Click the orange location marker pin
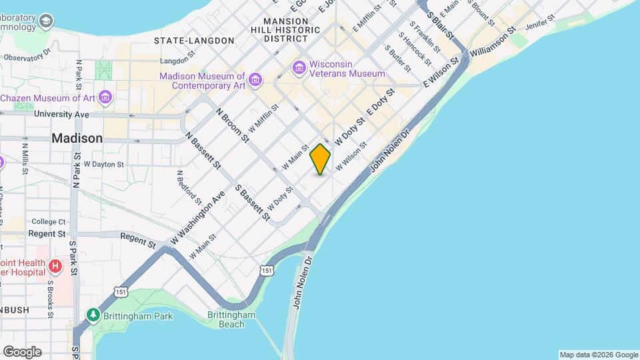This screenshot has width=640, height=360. point(320,159)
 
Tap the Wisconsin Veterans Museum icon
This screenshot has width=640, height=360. point(299,67)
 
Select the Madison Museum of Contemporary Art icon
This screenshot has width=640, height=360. point(256,81)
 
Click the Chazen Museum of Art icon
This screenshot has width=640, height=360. point(104,98)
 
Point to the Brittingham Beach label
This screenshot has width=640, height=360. point(231,319)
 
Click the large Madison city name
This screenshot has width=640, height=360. point(77,139)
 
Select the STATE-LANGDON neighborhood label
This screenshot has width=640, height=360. point(194,41)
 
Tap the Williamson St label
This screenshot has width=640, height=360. point(493,41)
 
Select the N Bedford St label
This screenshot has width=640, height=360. point(189,185)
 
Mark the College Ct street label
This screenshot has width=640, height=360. point(48,221)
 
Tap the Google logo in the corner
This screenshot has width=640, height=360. point(22,351)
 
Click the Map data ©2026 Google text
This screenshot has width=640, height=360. point(597,355)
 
